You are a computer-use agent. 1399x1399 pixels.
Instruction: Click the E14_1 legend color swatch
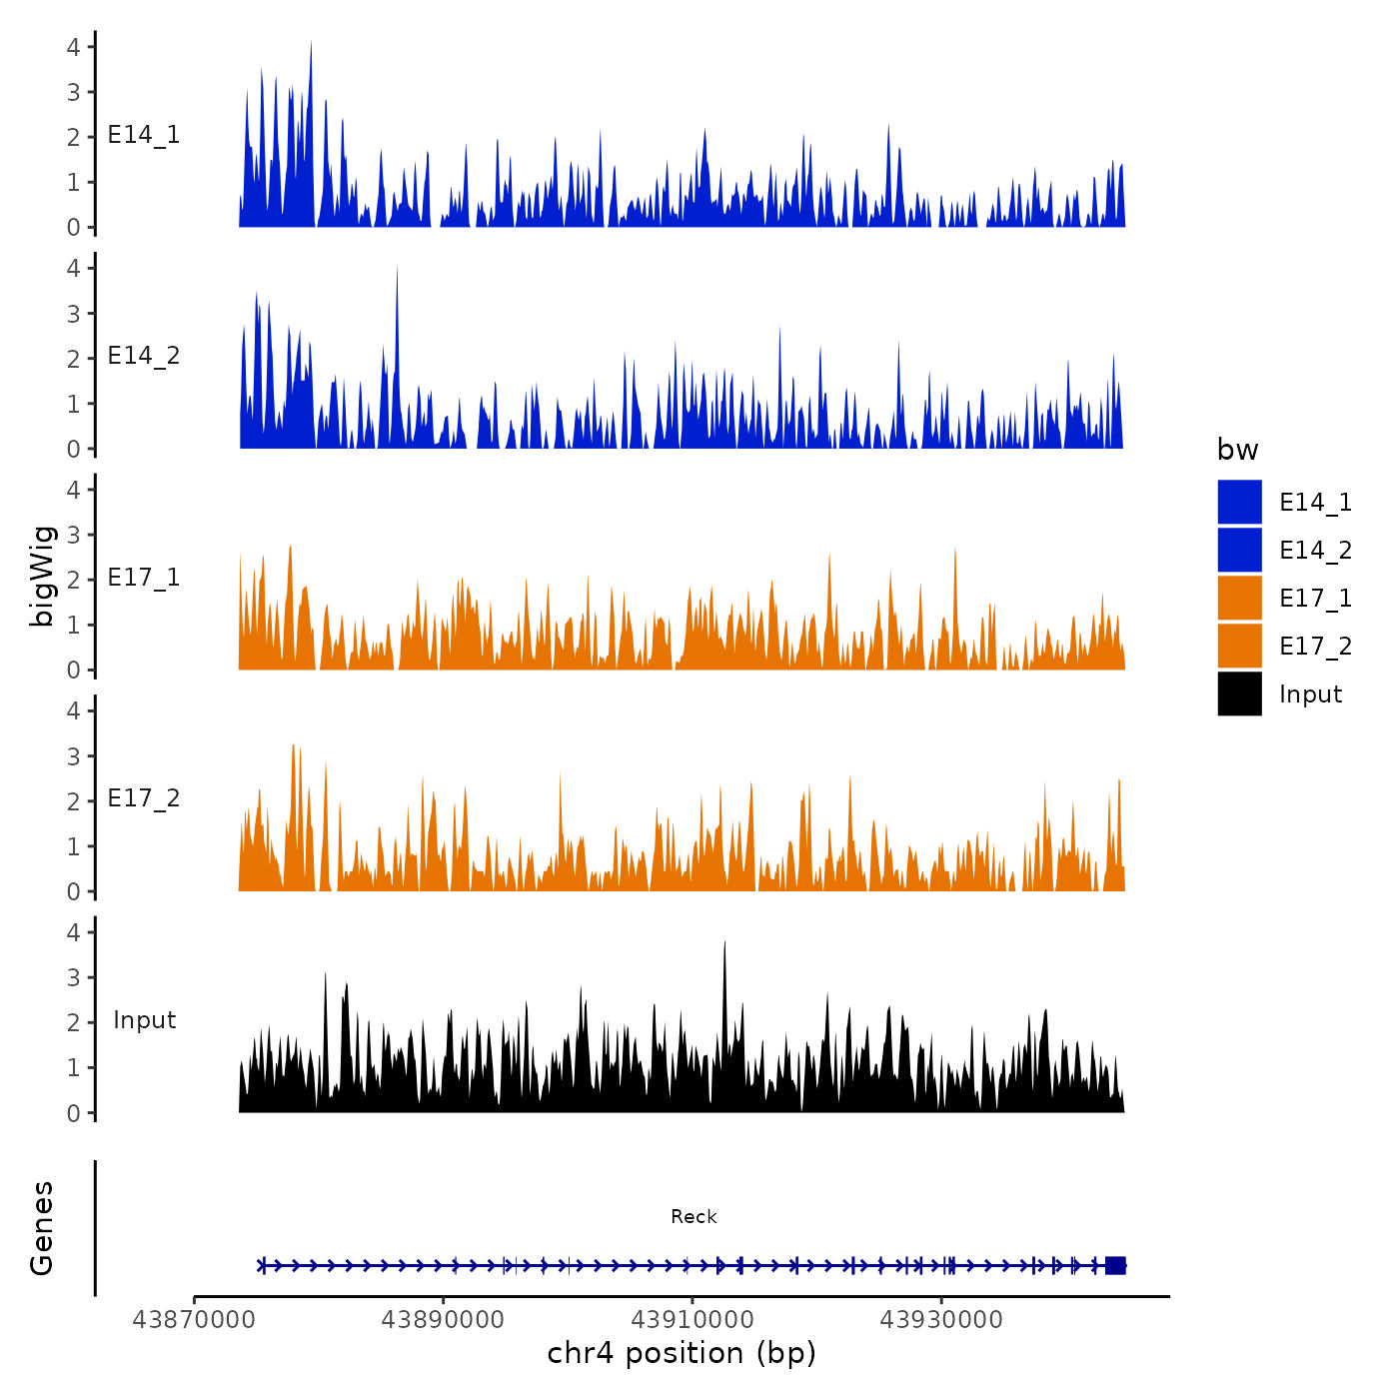[1239, 502]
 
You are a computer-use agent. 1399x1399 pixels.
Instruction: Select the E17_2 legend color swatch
[1239, 646]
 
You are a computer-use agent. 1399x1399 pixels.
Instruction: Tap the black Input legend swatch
[1239, 694]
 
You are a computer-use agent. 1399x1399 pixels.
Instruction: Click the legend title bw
[1237, 451]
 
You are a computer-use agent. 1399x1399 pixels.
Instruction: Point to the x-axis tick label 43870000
[194, 1320]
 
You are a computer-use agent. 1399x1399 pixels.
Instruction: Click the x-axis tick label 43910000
[693, 1320]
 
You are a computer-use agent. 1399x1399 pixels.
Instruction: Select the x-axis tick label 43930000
[940, 1320]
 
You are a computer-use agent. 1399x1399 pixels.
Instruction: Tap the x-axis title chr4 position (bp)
[682, 1354]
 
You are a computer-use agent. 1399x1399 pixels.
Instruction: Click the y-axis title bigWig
[42, 576]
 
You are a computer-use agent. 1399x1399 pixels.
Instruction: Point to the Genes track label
[42, 1228]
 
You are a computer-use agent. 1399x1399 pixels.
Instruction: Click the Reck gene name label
[694, 1217]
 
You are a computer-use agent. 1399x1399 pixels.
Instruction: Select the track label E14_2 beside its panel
[144, 357]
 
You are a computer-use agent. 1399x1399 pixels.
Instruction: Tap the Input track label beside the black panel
[144, 1020]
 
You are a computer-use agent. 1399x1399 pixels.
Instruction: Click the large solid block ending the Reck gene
[1115, 1265]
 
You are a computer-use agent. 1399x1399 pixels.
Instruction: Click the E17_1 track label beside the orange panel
[144, 578]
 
